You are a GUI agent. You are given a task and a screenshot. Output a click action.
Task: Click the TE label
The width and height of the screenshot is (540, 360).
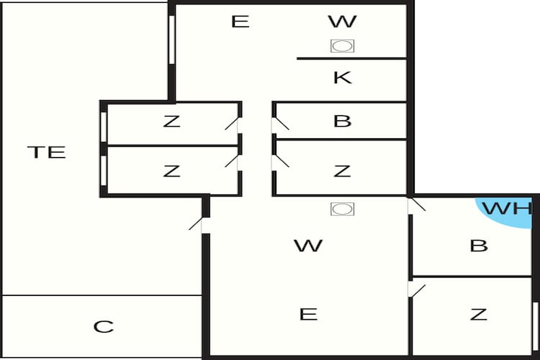[x=47, y=152]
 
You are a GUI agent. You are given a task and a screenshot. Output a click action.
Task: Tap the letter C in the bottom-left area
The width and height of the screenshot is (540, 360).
[x=103, y=327]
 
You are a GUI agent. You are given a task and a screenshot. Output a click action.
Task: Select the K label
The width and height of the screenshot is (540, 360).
[x=343, y=78]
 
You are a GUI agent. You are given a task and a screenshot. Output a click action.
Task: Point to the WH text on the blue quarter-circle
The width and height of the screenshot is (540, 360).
[x=507, y=208]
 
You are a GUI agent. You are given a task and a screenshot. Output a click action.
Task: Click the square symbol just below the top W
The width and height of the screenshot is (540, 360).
[x=342, y=46]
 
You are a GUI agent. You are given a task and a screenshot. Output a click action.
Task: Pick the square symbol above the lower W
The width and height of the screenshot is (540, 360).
[x=342, y=209]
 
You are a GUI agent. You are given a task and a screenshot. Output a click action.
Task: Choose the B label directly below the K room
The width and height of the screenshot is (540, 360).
[x=342, y=121]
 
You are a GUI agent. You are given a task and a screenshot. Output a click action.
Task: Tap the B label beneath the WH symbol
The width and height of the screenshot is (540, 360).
[x=479, y=246]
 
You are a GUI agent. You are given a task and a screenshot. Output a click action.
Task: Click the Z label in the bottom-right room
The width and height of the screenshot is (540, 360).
[x=479, y=315]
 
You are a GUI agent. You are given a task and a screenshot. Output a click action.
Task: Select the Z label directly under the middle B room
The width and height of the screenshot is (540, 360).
[x=342, y=171]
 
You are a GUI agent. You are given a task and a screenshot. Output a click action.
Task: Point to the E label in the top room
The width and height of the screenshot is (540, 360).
[x=240, y=22]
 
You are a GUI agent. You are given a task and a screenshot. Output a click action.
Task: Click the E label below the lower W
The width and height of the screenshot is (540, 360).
[x=308, y=315]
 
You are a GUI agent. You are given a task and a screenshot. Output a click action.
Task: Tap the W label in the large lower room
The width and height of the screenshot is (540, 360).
[x=308, y=246]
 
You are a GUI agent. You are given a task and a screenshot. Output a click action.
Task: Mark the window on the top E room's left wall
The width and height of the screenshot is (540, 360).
[x=172, y=40]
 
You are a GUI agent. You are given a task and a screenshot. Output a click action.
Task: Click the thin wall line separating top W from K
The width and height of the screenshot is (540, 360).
[x=351, y=58]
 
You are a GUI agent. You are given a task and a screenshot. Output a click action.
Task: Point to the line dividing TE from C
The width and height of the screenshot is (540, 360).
[x=102, y=295]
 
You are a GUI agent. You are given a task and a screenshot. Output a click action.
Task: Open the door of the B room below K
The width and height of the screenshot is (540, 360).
[x=279, y=124]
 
